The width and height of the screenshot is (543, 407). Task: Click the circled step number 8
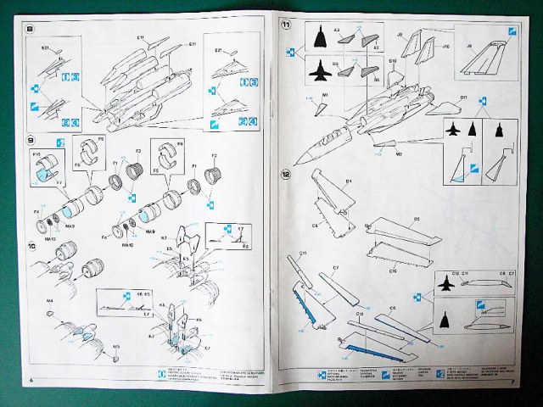[31, 31]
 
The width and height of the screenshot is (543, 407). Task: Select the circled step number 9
[31, 138]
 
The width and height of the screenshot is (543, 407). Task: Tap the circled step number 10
[31, 246]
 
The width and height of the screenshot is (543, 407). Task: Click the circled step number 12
[287, 176]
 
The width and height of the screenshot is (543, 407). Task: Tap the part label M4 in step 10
[48, 300]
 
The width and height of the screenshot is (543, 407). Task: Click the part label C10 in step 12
[394, 270]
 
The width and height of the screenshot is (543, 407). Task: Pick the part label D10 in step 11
[393, 62]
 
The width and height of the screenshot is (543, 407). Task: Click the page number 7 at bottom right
[514, 381]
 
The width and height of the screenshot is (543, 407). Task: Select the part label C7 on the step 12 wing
[336, 267]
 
